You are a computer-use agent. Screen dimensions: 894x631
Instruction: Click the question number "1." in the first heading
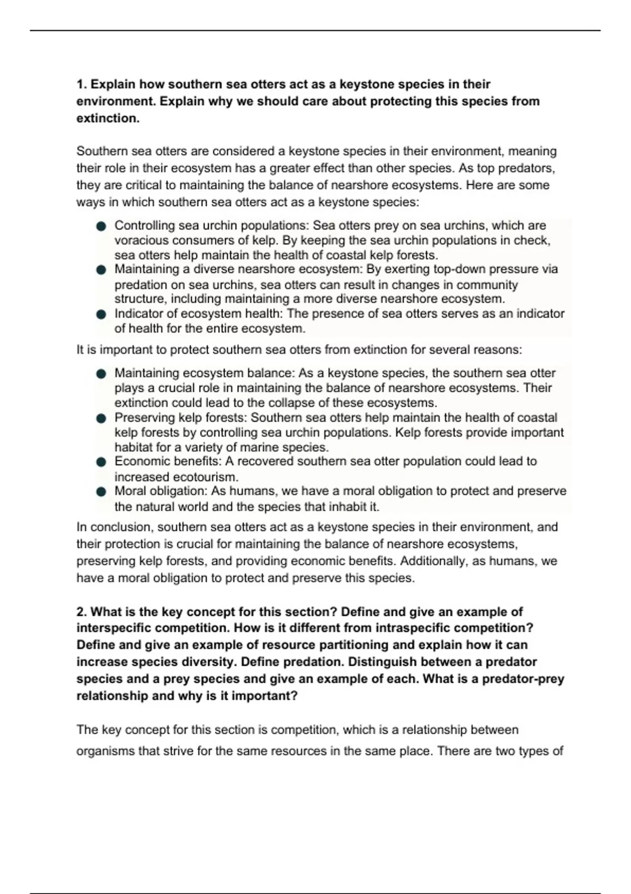click(x=82, y=85)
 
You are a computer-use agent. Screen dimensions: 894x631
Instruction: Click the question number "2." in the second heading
click(x=82, y=612)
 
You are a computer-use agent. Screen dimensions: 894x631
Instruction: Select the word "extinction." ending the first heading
click(x=108, y=118)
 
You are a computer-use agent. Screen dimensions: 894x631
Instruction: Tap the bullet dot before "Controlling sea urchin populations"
click(x=101, y=226)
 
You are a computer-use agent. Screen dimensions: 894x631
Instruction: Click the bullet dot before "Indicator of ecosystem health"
click(x=101, y=314)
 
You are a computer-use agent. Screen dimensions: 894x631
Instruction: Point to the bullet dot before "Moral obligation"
click(x=101, y=492)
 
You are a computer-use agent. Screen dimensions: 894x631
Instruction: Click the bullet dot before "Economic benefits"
click(x=101, y=462)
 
